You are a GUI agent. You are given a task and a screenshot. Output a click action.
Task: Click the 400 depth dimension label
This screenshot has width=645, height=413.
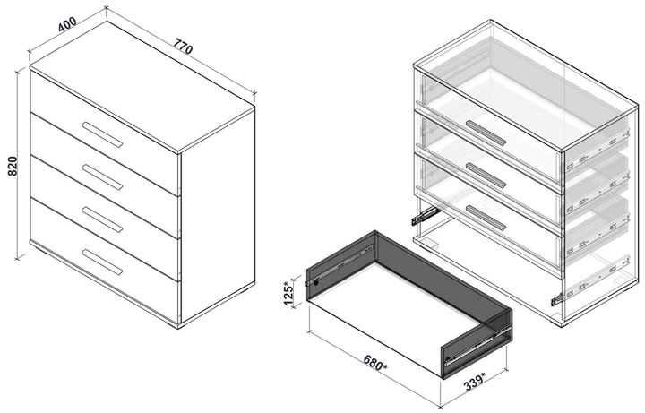point(65,25)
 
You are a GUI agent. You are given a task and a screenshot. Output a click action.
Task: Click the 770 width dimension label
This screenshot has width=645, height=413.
point(184,46)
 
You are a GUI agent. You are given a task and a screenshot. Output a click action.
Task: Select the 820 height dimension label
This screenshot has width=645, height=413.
point(13,167)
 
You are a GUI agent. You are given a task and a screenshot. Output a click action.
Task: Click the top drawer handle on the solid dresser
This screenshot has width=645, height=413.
point(102,133)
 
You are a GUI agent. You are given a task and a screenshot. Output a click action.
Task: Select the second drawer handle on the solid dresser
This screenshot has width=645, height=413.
point(102,176)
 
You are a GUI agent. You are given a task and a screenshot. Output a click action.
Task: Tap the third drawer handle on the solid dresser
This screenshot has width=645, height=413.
point(102,219)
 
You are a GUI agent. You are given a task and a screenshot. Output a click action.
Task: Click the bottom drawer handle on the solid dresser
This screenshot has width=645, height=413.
point(102,262)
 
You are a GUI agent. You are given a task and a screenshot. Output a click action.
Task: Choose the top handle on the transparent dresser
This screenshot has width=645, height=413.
point(486,133)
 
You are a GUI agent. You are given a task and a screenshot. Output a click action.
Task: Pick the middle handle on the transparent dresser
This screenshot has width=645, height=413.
point(486,176)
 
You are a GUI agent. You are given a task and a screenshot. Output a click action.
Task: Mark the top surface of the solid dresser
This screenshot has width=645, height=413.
point(143,85)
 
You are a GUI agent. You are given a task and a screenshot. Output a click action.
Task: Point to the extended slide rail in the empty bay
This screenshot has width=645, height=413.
point(426,215)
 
